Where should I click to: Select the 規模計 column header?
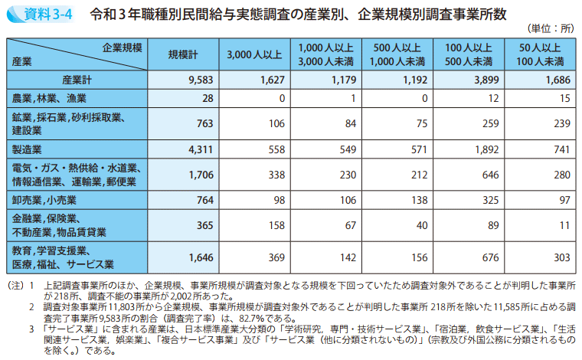click(184, 54)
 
